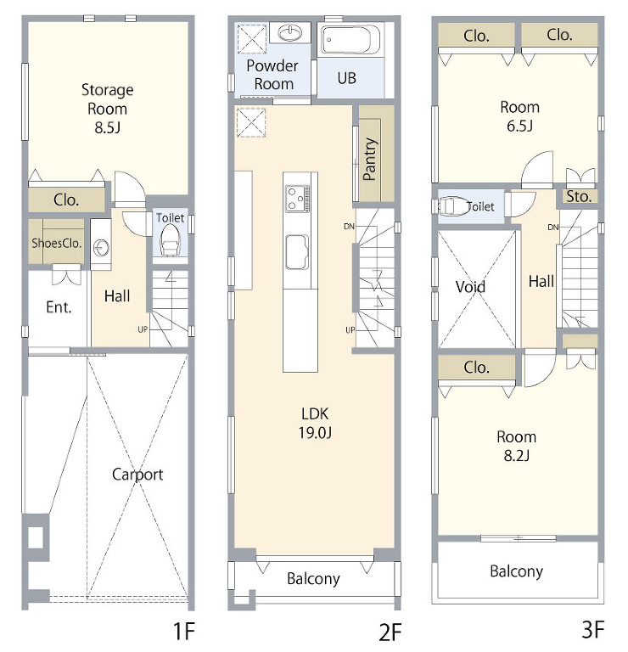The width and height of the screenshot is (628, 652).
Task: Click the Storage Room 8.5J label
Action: click(x=107, y=108)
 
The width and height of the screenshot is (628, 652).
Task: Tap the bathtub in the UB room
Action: click(x=350, y=41)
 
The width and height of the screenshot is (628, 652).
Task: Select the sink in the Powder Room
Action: click(x=289, y=32)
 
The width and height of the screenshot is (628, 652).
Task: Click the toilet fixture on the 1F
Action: click(x=170, y=240)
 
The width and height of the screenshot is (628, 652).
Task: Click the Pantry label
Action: click(x=369, y=159)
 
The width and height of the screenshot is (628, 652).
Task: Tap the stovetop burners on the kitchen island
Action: click(x=297, y=198)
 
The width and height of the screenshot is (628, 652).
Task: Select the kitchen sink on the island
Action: click(x=297, y=252)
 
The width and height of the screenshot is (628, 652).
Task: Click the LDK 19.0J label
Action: click(x=315, y=423)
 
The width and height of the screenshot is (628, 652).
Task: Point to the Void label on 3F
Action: click(x=470, y=286)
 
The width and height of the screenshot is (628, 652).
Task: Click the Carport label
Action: click(x=137, y=475)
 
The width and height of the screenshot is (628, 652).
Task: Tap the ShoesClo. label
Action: click(x=57, y=243)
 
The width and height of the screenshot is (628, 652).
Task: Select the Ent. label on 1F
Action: click(x=59, y=307)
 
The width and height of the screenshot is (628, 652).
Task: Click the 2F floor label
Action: click(x=390, y=632)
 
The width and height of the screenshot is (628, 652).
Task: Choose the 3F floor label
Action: click(x=592, y=629)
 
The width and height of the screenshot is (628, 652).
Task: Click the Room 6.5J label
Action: click(x=519, y=116)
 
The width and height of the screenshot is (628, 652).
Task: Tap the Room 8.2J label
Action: click(x=517, y=446)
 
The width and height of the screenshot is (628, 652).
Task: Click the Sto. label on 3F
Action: click(x=579, y=196)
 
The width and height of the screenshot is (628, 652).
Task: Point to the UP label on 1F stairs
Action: click(x=143, y=329)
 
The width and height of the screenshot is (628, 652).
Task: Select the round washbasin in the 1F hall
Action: click(x=101, y=247)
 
